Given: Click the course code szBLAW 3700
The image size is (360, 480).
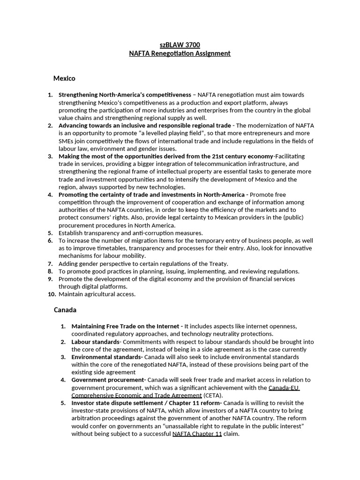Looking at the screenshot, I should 180,45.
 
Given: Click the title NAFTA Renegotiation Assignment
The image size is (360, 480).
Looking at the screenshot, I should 180,53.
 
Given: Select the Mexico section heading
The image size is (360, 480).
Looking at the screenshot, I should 64,78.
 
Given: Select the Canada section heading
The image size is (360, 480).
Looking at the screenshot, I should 65,310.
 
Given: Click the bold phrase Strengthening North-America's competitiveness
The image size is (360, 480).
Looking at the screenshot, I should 125,95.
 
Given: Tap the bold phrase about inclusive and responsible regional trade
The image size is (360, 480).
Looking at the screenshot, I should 144,126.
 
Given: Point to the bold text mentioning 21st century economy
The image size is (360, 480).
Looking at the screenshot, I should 165,156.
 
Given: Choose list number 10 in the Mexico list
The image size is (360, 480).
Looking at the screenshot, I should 52,294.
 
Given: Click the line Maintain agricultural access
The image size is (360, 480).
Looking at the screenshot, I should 97,294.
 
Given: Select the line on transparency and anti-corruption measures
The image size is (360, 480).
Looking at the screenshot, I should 130,233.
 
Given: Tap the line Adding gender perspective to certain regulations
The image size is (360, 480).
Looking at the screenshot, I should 143,263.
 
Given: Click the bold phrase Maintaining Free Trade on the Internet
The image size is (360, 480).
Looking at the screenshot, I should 125,326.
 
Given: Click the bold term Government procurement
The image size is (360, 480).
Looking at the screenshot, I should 108,380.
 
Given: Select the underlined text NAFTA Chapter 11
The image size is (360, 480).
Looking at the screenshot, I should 197,434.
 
